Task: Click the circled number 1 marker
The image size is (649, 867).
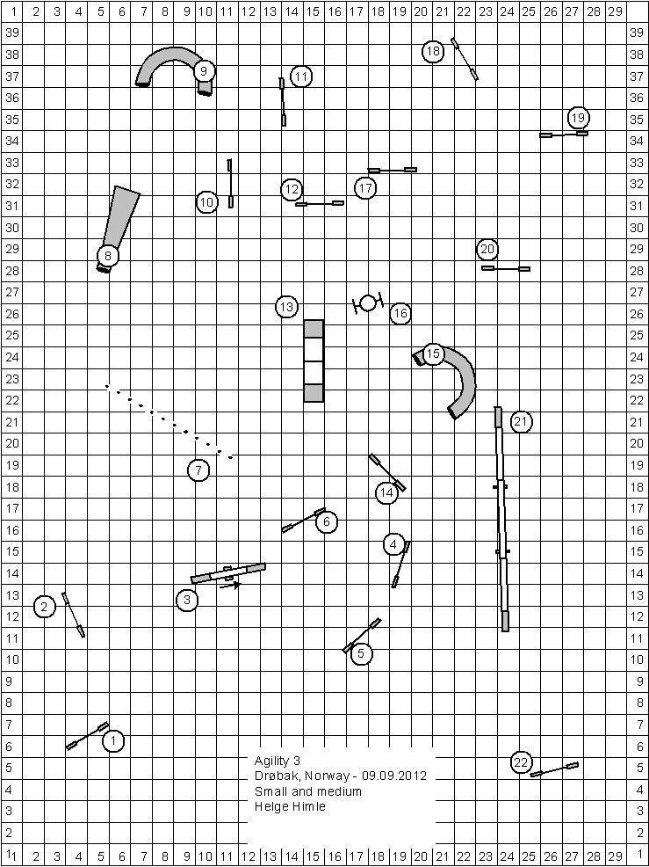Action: click(113, 741)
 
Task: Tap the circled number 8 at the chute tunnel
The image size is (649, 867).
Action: click(108, 256)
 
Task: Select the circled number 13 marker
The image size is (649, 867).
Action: click(286, 306)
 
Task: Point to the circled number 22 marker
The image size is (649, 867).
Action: click(521, 762)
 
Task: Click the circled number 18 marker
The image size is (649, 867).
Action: click(434, 51)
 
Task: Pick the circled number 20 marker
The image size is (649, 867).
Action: click(487, 250)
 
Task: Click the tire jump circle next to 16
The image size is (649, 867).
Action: click(368, 303)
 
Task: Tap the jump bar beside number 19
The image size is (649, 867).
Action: click(564, 134)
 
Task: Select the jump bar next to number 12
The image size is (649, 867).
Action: click(320, 203)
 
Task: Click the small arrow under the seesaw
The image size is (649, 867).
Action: click(230, 585)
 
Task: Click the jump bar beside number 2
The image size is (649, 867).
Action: click(74, 615)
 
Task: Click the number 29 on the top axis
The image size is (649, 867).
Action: click(614, 11)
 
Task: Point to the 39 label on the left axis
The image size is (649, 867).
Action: click(11, 32)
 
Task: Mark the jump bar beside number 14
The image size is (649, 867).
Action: click(387, 473)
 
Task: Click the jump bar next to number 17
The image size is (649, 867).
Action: click(393, 171)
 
